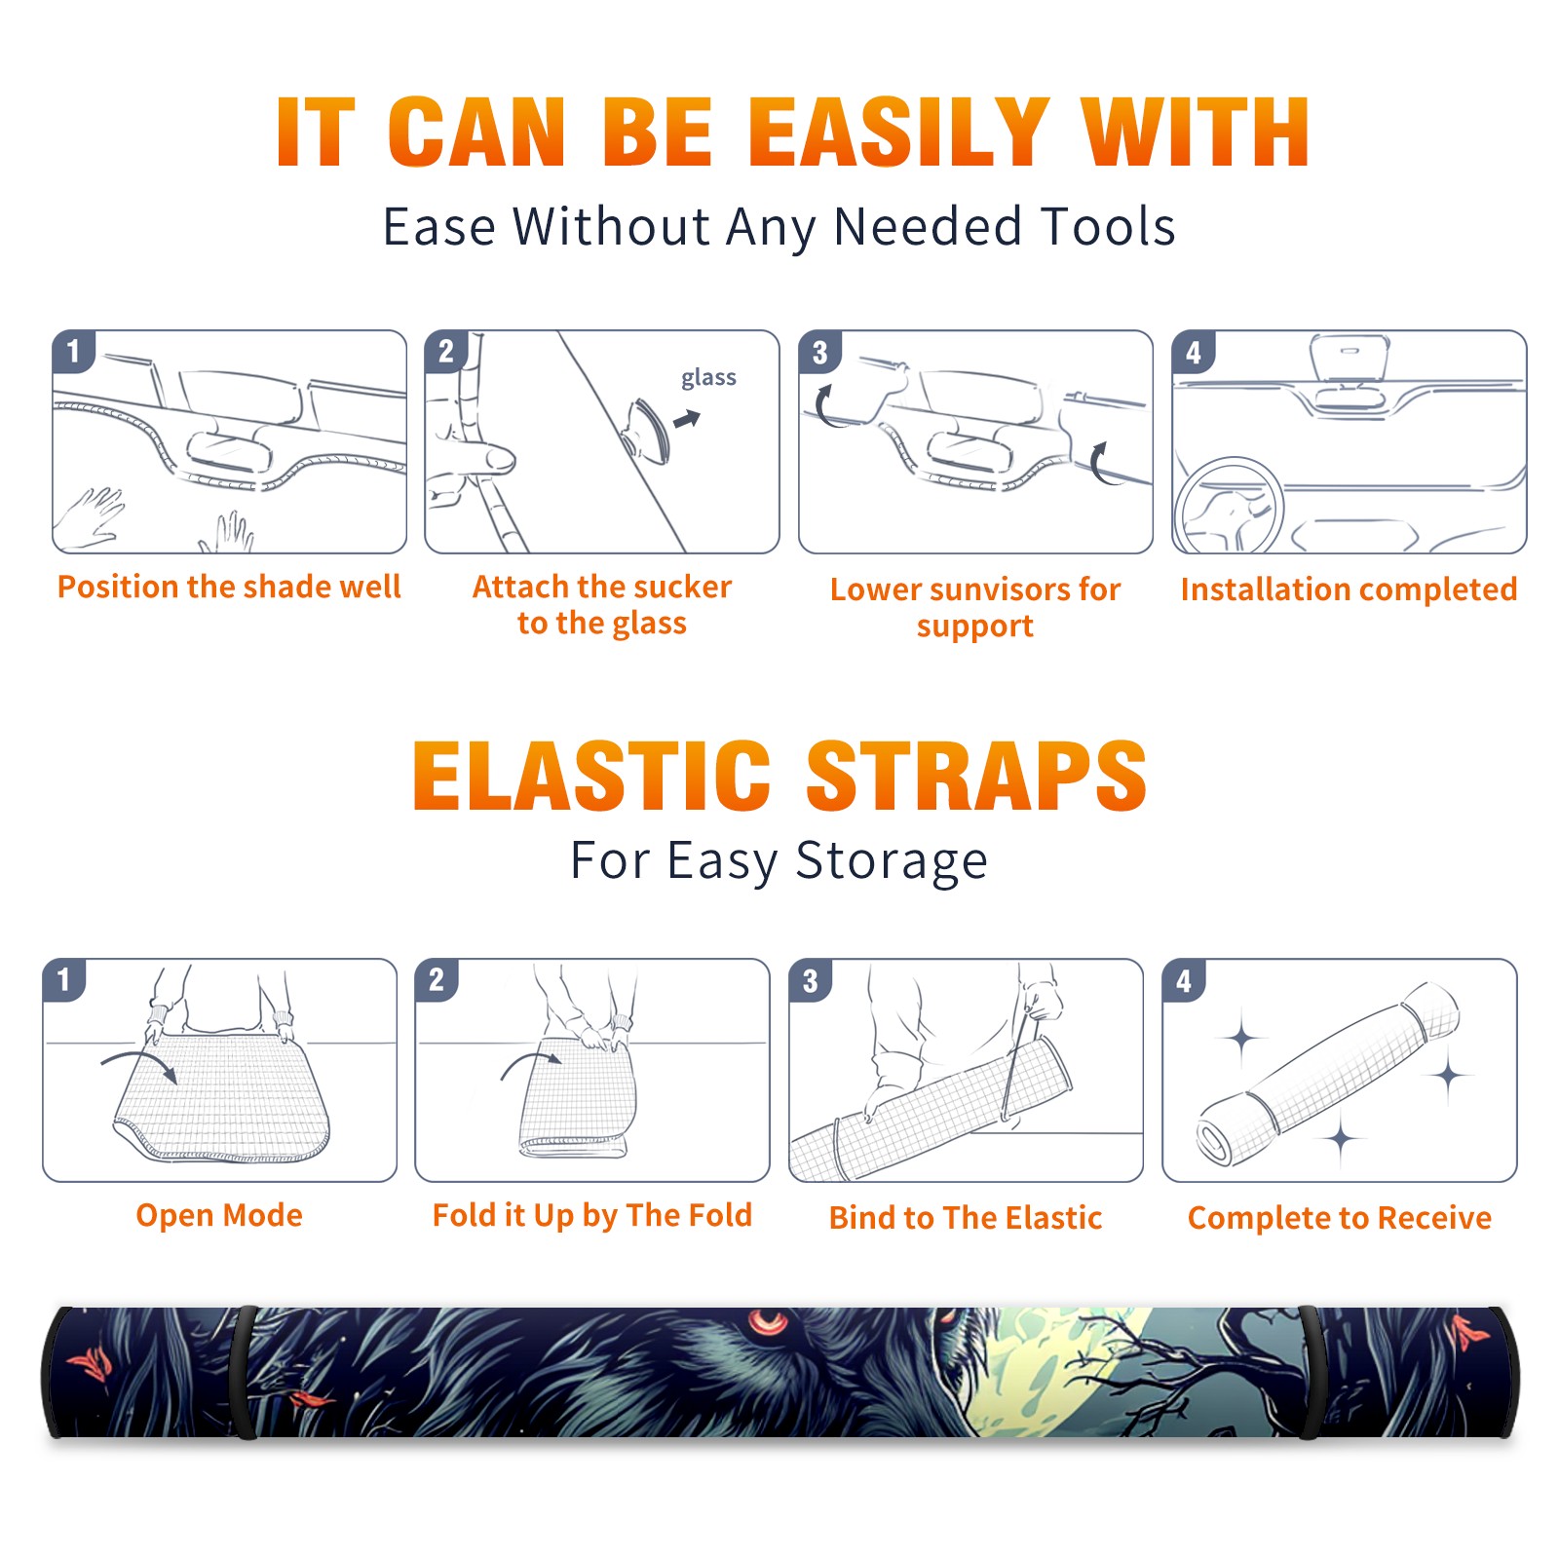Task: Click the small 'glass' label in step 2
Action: (x=708, y=378)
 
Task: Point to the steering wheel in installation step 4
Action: (x=1228, y=506)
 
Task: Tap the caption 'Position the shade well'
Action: (x=229, y=587)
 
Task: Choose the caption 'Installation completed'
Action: (x=1349, y=589)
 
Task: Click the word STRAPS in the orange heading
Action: (x=976, y=776)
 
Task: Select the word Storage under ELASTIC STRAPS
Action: (x=892, y=861)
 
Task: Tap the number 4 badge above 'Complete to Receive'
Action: (x=1184, y=980)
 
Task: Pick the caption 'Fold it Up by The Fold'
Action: (x=592, y=1215)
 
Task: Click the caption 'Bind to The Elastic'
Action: (x=966, y=1217)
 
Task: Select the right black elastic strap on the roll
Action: (x=1312, y=1372)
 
